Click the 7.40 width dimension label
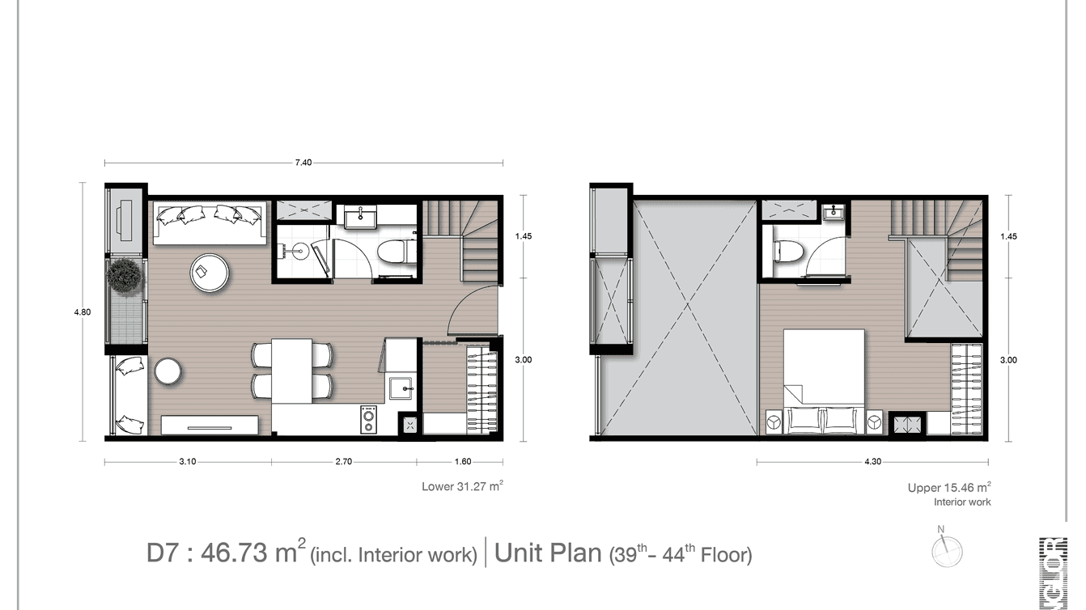coord(303,163)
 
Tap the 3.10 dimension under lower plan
coord(187,462)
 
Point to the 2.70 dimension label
coord(343,462)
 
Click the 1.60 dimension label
coord(463,462)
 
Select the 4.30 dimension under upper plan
coord(872,462)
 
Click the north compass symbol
coord(946,550)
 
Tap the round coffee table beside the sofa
coord(210,272)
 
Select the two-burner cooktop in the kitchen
coord(368,419)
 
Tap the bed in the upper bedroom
coord(824,379)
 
